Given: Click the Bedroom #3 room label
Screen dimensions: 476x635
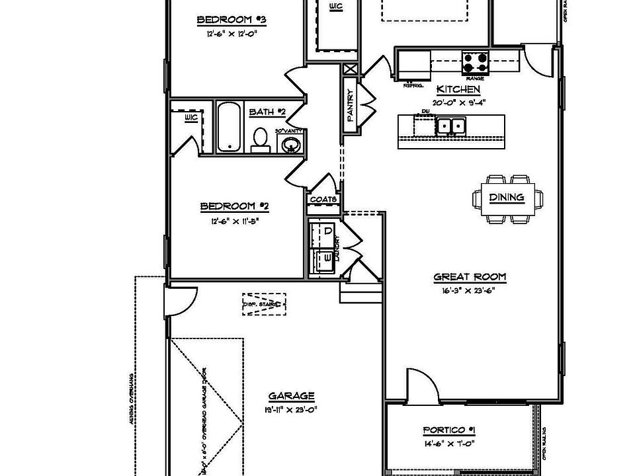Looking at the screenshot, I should (x=228, y=20).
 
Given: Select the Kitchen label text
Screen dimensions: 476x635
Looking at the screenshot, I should (x=458, y=89).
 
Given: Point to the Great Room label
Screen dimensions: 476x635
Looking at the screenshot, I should (x=464, y=278).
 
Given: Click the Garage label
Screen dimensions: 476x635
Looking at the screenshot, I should (x=291, y=397).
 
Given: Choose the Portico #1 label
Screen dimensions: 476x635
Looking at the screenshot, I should (x=448, y=431).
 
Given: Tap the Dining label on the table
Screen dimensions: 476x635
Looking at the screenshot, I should (x=507, y=197).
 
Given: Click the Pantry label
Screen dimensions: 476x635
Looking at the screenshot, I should (x=351, y=106).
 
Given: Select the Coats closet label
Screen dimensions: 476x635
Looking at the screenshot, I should (x=323, y=199).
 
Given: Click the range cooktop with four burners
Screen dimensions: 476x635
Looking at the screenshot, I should (x=475, y=63).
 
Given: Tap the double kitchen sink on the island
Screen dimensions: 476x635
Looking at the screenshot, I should (x=450, y=125).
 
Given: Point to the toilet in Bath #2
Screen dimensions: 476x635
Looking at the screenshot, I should (x=261, y=139).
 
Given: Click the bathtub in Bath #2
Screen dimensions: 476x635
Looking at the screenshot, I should (x=230, y=127).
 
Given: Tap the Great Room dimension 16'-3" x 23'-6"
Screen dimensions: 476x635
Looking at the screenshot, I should (x=464, y=290).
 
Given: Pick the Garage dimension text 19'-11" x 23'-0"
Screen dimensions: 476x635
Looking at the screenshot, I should (x=291, y=409).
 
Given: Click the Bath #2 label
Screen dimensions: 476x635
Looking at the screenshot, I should (x=267, y=112).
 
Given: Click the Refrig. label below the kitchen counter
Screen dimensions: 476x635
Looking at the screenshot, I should (x=413, y=85).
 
